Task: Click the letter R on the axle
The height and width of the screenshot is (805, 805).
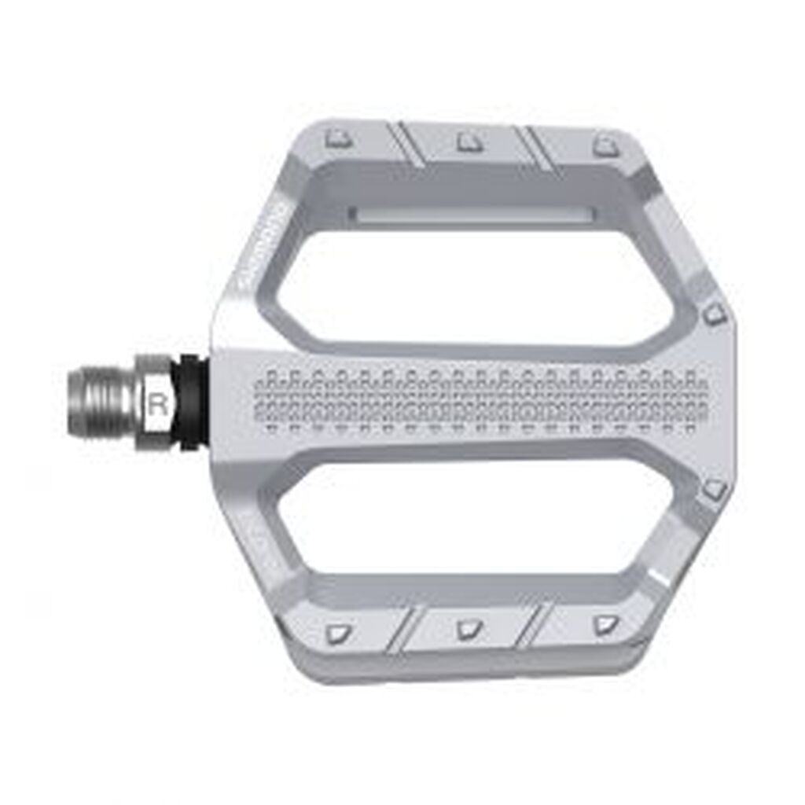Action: point(158,406)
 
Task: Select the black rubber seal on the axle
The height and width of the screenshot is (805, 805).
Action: point(192,402)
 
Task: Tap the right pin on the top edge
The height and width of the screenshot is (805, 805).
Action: point(605,145)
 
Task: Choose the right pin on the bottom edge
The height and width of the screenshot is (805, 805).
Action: point(604,625)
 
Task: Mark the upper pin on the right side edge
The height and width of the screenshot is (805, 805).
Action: point(713,315)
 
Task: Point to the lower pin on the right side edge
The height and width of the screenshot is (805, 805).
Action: point(715,490)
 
